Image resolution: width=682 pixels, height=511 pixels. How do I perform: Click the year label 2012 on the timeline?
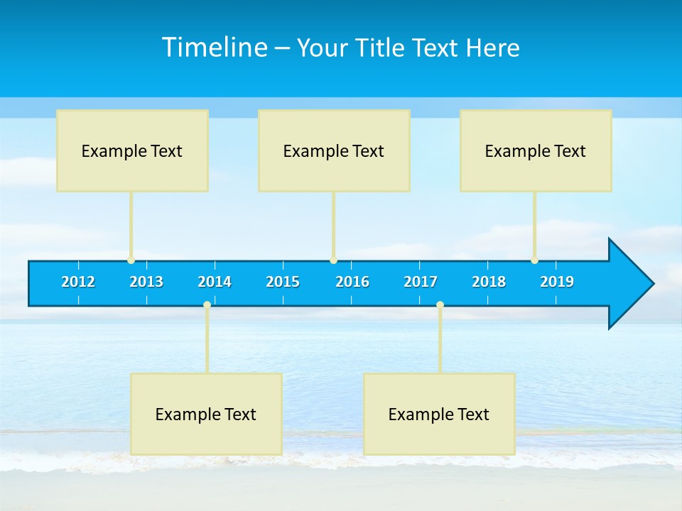click(78, 282)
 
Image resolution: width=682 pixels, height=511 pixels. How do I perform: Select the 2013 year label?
click(146, 282)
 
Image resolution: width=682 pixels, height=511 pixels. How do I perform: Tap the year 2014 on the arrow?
click(215, 282)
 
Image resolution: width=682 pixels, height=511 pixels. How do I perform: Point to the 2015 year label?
click(283, 282)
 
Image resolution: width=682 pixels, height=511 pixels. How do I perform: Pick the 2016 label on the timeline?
click(352, 282)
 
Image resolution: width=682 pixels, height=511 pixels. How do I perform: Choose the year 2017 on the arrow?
click(421, 282)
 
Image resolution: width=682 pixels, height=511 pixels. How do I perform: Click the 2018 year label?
click(489, 282)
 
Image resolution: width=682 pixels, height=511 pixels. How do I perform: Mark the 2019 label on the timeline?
click(557, 282)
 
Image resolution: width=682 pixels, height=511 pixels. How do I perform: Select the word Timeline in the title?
click(213, 48)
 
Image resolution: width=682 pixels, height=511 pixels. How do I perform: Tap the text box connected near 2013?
click(132, 150)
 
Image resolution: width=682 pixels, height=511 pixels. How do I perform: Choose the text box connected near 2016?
click(334, 150)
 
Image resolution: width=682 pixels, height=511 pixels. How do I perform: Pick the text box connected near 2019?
click(536, 150)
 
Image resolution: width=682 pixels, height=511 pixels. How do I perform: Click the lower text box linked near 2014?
click(206, 414)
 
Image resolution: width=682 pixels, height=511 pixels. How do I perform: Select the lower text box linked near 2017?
click(439, 414)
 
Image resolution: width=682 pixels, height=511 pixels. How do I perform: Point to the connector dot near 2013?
click(131, 260)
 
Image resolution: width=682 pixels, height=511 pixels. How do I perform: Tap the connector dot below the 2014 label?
click(207, 305)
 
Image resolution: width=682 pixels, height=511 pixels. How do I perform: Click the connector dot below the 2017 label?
click(440, 305)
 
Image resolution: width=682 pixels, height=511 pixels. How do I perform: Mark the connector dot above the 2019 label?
click(534, 260)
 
